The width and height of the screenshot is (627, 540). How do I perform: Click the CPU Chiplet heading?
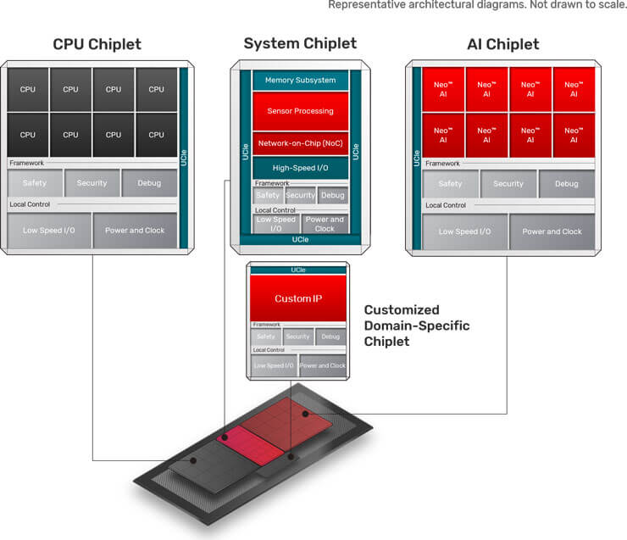pos(97,44)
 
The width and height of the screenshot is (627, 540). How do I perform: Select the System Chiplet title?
pos(300,43)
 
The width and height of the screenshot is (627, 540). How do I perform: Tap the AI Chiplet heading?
pos(502,44)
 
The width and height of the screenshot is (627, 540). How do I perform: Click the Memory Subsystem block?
pos(300,81)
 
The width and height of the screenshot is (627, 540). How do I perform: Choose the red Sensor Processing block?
pos(300,111)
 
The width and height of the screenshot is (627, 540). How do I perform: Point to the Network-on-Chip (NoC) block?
pos(300,144)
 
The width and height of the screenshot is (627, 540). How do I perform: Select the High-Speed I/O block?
pos(300,168)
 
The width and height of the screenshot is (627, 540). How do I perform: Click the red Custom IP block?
pos(297,299)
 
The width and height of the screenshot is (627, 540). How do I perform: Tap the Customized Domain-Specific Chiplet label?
pos(416,326)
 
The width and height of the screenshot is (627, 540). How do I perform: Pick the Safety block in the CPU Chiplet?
pos(35,183)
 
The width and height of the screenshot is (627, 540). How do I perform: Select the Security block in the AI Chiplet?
pos(508,183)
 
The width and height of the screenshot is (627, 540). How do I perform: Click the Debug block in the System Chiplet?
pos(333,196)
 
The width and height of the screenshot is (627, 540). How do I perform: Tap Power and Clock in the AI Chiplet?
pos(552,231)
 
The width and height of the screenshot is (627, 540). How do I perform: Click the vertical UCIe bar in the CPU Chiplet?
pos(182,157)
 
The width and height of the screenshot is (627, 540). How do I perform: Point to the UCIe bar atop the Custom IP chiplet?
pos(297,270)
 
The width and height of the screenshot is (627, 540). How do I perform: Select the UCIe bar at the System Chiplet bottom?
pos(300,240)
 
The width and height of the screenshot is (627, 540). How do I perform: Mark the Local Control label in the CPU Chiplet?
pos(29,204)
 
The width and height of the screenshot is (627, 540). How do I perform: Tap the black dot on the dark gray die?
pos(194,461)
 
